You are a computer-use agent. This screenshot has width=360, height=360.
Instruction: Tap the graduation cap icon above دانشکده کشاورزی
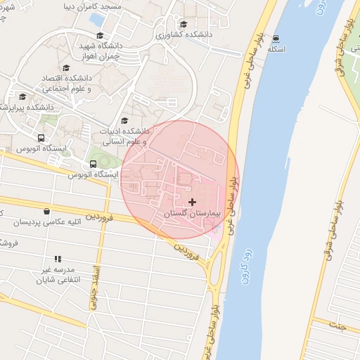coord(184,24)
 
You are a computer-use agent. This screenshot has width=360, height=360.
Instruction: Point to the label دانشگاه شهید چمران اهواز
coord(117,50)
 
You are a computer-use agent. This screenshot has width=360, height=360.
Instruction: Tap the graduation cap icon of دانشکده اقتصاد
coord(66,68)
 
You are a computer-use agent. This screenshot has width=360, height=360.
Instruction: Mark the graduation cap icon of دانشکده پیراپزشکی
coord(22,97)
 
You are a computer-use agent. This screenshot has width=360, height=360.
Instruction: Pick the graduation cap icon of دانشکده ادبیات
coord(125,121)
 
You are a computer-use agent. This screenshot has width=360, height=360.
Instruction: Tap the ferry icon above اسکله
coord(276,39)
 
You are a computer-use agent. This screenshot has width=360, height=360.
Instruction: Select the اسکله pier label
coord(276,51)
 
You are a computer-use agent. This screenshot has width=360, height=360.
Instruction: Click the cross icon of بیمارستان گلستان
coord(193,202)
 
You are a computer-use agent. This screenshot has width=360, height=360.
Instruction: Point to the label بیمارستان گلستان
coord(193,212)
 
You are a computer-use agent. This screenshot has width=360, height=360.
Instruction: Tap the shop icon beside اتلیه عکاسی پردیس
coord(46,211)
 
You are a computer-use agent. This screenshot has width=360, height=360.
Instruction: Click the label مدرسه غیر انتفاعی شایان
coord(56,274)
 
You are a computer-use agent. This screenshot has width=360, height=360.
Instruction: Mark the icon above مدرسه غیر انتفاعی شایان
coord(58,259)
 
